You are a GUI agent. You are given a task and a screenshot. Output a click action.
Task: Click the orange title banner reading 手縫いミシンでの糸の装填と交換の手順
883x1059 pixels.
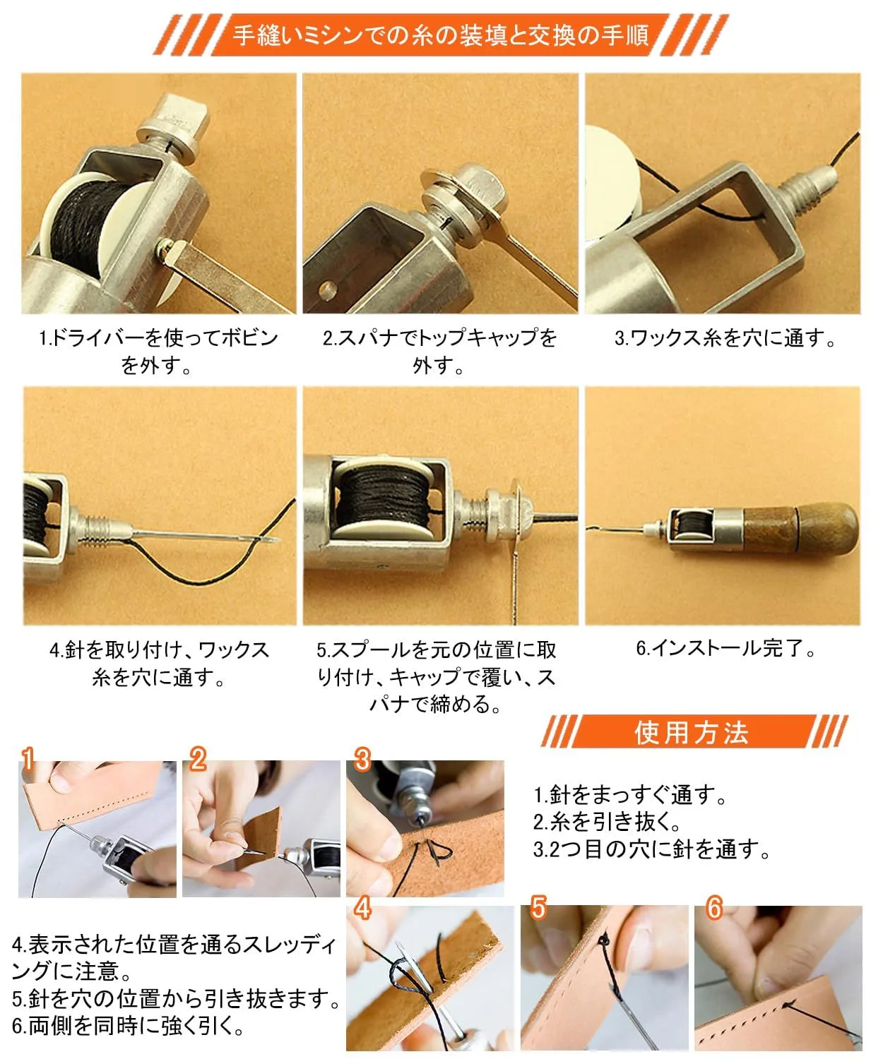tap(441, 35)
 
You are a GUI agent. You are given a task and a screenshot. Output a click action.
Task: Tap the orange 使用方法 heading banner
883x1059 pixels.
tap(693, 732)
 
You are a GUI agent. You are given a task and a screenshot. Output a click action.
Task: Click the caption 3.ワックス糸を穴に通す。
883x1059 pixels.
tap(725, 338)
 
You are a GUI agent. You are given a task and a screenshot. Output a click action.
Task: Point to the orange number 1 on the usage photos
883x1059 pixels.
tap(28, 759)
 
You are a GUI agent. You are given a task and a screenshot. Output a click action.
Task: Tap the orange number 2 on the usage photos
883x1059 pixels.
tap(198, 759)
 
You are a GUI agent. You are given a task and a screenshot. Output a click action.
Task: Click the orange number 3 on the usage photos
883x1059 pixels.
tap(362, 759)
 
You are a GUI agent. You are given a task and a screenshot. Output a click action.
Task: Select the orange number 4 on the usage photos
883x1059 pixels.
tap(362, 907)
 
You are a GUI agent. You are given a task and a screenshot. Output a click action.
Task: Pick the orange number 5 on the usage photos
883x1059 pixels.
tap(538, 907)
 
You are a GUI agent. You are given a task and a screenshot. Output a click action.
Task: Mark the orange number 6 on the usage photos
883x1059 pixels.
tap(713, 907)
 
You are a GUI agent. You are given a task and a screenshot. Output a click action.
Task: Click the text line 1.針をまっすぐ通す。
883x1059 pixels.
tap(630, 795)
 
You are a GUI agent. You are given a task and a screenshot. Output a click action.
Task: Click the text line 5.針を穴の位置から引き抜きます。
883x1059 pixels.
tap(176, 999)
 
